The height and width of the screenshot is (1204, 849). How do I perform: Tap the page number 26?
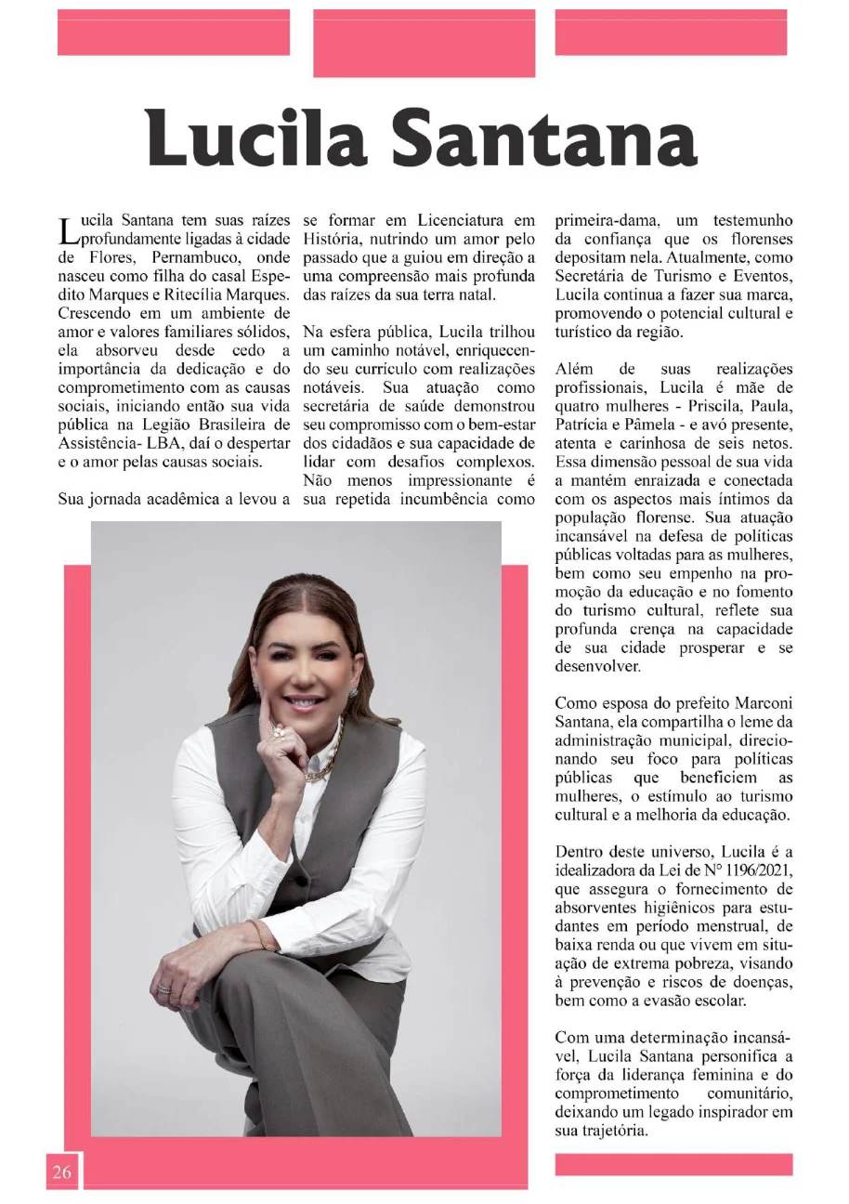tap(61, 1171)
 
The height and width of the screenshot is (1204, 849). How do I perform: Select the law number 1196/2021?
tap(749, 869)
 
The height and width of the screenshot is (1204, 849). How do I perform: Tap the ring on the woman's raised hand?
tap(277, 734)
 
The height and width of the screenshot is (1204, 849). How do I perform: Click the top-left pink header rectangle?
tap(174, 33)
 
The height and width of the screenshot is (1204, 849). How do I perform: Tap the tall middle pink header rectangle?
tap(424, 43)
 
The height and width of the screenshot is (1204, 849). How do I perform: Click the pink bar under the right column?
tap(673, 1164)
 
